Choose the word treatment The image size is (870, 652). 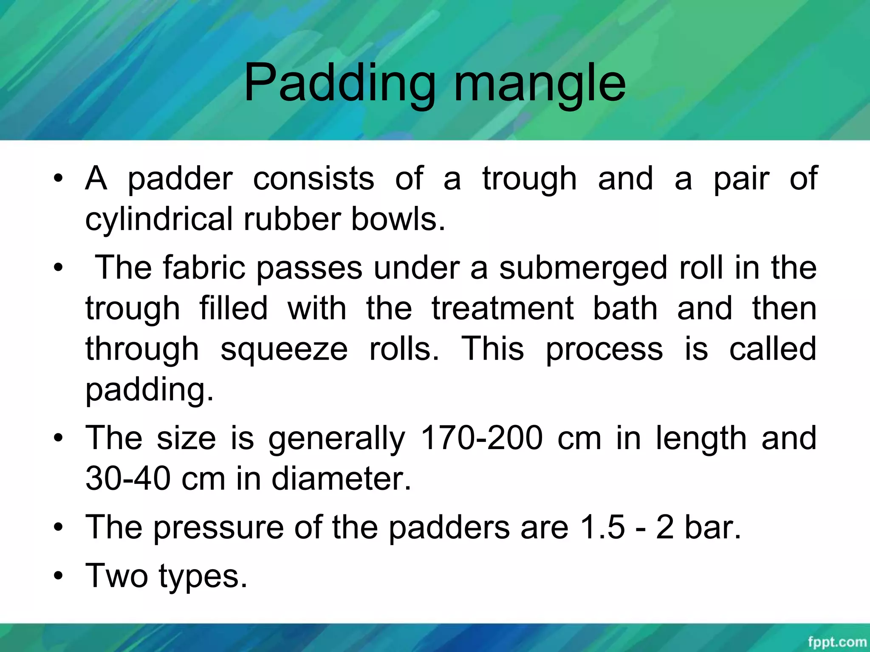503,309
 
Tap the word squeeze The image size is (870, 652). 284,349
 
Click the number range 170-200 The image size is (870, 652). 481,438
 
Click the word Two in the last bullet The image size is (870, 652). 116,576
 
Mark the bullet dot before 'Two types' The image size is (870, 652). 59,576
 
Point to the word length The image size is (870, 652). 701,438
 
